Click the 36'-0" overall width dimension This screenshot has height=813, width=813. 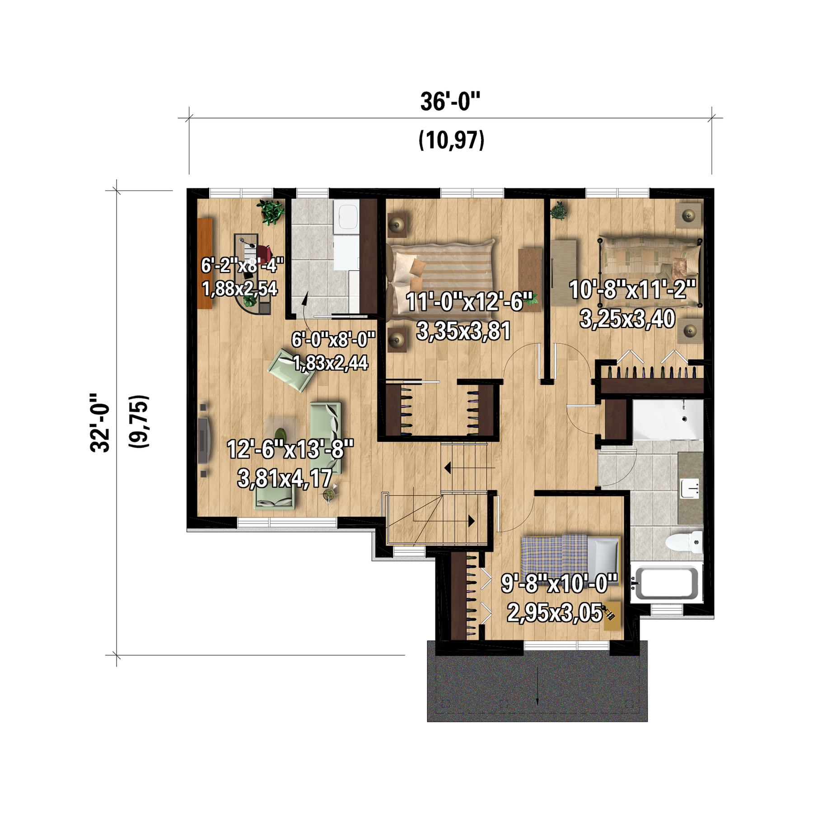click(450, 102)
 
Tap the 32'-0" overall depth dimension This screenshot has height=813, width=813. click(100, 422)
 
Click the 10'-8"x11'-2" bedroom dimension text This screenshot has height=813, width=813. click(632, 290)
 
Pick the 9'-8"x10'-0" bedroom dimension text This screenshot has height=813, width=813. click(559, 583)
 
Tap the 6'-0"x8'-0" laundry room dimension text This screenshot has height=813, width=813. click(333, 340)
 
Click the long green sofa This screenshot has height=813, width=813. click(326, 437)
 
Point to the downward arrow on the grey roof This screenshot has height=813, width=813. click(537, 685)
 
